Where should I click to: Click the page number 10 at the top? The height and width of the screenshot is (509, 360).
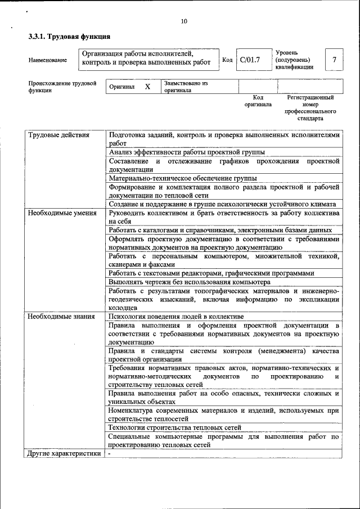pyautogui.click(x=184, y=22)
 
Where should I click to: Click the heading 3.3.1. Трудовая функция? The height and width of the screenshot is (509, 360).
pyautogui.click(x=69, y=37)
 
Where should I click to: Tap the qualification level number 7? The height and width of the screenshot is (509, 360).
pyautogui.click(x=334, y=60)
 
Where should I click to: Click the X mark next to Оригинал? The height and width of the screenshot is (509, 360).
pyautogui.click(x=147, y=87)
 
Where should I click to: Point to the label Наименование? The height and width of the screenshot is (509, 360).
pyautogui.click(x=48, y=60)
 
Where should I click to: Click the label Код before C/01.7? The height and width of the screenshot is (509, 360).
pyautogui.click(x=227, y=60)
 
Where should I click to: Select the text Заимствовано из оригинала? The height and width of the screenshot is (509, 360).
pyautogui.click(x=186, y=87)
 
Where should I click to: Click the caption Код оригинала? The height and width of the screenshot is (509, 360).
pyautogui.click(x=258, y=101)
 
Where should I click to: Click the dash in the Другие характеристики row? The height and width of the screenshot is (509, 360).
pyautogui.click(x=110, y=453)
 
